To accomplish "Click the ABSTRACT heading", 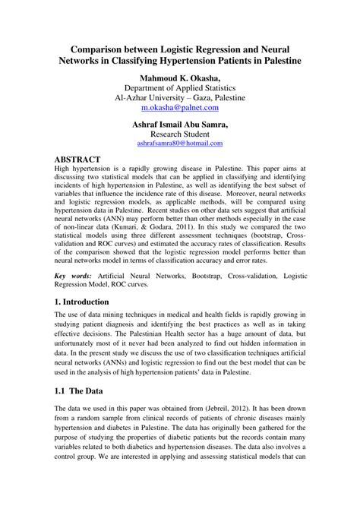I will tap(82, 160).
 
